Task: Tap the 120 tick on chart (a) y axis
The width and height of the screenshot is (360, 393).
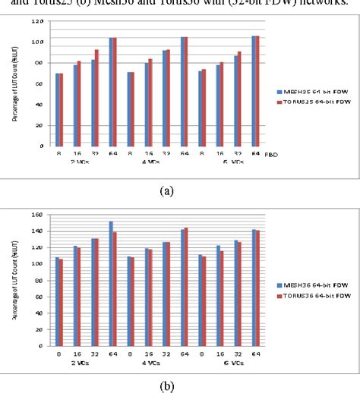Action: [x=38, y=21]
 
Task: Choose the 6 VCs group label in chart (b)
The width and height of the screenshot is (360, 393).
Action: [x=234, y=362]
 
